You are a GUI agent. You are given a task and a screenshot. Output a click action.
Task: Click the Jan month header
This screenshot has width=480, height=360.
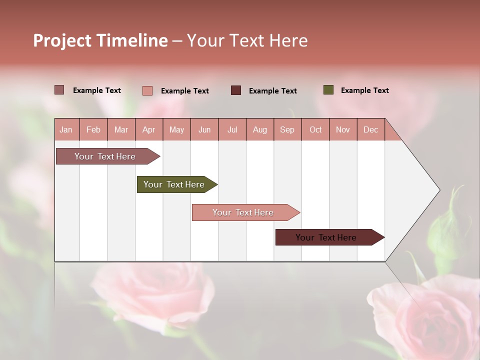66,130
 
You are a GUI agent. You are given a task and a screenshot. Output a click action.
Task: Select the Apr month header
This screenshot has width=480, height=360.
148,130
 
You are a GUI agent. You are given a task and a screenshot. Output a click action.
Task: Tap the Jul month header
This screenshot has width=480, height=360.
232,130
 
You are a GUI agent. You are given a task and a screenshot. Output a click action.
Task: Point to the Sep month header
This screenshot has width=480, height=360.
287,130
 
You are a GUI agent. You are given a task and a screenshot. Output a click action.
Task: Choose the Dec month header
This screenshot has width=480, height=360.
370,130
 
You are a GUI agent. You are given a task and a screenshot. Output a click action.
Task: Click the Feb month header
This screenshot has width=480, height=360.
93,130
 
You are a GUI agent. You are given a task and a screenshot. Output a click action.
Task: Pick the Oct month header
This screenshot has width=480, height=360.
315,130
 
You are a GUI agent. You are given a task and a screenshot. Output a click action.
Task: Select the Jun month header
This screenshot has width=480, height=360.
204,130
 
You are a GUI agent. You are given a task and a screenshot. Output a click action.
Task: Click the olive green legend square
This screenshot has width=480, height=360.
328,90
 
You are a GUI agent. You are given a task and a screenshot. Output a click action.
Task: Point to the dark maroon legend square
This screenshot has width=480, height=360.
236,90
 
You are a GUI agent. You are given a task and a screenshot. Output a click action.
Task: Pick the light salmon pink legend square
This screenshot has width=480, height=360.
147,90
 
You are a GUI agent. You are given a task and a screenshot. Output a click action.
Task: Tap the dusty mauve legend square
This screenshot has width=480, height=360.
59,90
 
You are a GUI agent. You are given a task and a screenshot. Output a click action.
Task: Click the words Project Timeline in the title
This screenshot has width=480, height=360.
100,40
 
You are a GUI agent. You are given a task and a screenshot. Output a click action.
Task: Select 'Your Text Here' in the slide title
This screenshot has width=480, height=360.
247,40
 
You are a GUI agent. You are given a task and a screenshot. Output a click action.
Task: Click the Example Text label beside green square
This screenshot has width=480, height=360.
364,90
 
